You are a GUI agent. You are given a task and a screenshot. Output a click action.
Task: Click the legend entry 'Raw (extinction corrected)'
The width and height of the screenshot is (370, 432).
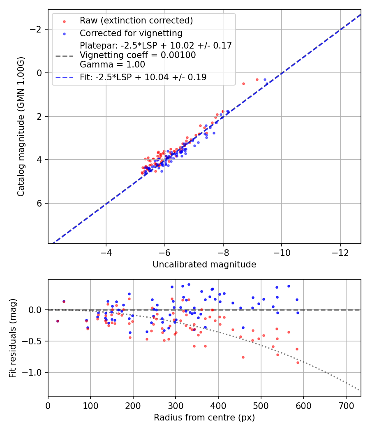136,21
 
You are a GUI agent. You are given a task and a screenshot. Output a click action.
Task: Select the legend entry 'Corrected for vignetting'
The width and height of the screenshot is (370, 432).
131,33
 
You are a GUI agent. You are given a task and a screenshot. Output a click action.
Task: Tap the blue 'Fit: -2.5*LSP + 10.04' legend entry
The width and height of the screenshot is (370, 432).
143,77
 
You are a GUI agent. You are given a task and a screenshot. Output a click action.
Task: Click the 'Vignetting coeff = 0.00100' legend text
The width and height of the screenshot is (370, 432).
138,55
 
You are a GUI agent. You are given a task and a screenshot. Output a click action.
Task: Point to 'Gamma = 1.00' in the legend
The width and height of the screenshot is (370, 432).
112,65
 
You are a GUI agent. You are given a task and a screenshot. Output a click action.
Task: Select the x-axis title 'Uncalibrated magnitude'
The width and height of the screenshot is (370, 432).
204,265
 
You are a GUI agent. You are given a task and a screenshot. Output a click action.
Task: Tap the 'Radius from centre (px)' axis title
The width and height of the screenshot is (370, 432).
204,418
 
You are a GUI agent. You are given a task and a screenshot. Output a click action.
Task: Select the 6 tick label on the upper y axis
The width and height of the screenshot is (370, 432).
40,203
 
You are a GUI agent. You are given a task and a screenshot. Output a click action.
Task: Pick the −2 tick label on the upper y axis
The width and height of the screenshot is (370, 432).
38,29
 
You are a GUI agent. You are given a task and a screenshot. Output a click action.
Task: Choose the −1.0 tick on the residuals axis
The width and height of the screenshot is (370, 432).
36,372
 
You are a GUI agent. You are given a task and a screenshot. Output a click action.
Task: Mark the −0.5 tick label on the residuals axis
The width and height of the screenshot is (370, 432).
36,341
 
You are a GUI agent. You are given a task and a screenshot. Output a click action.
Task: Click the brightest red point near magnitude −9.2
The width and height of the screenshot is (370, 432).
257,79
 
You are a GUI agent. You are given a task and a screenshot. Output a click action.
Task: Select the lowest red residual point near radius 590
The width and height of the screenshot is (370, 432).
298,362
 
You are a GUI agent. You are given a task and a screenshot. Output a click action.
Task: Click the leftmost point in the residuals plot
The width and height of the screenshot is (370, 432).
58,321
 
